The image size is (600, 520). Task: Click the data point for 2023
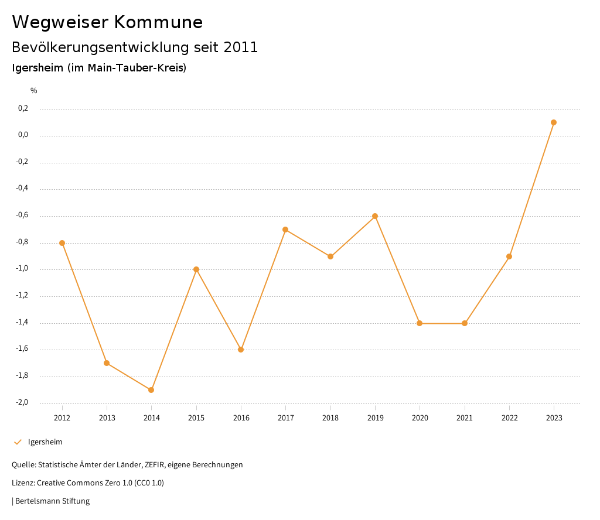point(554,122)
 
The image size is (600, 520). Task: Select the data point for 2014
point(151,390)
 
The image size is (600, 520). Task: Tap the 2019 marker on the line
point(375,216)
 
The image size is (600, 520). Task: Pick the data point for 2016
point(241,350)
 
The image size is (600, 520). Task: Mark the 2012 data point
point(62,243)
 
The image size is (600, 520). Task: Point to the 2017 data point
point(285,230)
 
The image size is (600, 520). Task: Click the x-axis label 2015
point(196,418)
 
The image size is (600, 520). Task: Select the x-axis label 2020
point(420,418)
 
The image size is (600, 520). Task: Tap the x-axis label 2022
point(509,418)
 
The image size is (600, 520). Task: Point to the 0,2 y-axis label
point(23,108)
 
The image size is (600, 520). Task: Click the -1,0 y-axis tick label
point(22,269)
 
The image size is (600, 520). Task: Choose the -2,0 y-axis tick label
point(22,402)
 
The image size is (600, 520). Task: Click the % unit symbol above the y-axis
point(34,91)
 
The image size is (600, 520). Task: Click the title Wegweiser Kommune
point(107,22)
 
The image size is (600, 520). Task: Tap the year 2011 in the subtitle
point(241,47)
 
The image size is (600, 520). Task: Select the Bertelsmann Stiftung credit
point(52,501)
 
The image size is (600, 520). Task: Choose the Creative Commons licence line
point(88,483)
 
